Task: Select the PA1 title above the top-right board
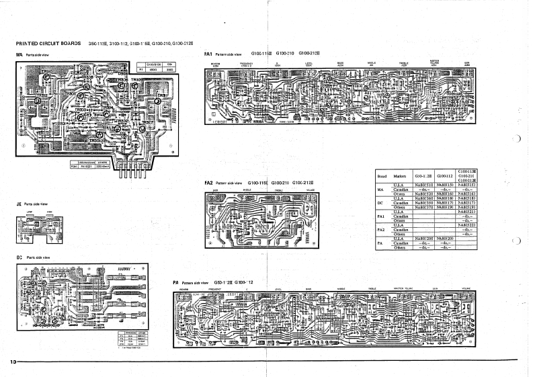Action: pos(208,52)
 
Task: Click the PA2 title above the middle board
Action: pos(208,183)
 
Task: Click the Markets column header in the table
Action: pos(399,175)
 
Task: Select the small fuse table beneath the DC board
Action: pos(134,340)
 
